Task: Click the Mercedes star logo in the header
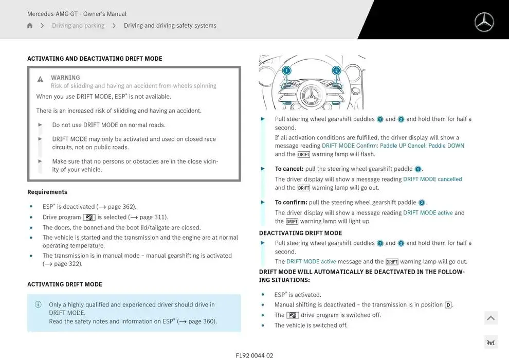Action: point(484,22)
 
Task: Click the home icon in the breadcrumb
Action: point(30,26)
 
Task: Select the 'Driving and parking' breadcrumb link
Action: point(78,26)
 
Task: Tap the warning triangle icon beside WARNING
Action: point(40,79)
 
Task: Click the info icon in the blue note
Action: point(38,304)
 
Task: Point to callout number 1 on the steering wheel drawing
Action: point(286,70)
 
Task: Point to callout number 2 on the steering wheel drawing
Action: point(336,70)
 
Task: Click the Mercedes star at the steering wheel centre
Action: point(311,95)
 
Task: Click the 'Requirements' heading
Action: point(47,192)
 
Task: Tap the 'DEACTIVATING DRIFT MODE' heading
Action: point(300,233)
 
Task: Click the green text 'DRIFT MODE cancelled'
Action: point(432,179)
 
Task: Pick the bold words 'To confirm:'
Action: point(291,203)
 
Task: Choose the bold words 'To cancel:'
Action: point(289,169)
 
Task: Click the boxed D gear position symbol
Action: point(448,305)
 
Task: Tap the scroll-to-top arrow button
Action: point(490,318)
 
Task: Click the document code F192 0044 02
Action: point(254,355)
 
